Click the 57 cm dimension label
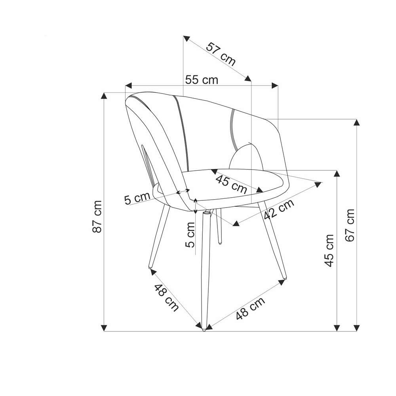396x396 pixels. point(221,54)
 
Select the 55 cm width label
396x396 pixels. point(202,80)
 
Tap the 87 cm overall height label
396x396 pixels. point(97,217)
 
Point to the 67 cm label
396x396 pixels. point(350,225)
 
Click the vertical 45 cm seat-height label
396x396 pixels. point(329,251)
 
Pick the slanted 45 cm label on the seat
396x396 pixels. point(231,185)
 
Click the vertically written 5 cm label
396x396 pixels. point(190,234)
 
